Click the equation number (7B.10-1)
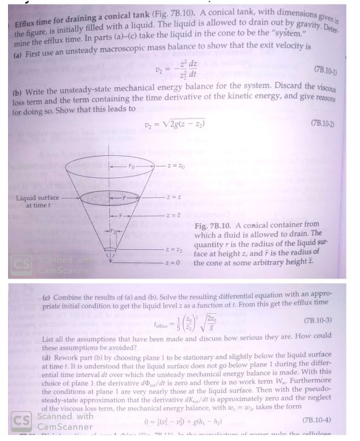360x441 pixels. point(332,68)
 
